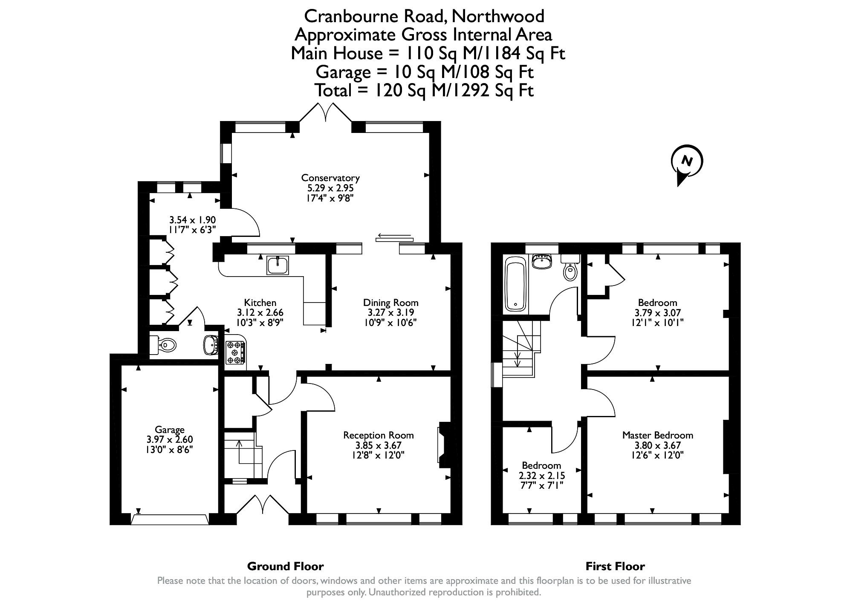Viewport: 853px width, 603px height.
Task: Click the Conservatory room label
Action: pyautogui.click(x=330, y=178)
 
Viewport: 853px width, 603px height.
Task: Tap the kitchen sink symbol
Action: pyautogui.click(x=278, y=265)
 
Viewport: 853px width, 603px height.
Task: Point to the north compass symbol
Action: pyautogui.click(x=686, y=162)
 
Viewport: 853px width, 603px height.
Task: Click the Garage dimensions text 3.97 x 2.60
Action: pyautogui.click(x=170, y=439)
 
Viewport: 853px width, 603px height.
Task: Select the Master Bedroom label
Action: pyautogui.click(x=657, y=435)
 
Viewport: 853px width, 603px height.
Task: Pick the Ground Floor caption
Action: pyautogui.click(x=285, y=566)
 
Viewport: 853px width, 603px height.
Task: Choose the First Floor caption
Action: pyautogui.click(x=615, y=566)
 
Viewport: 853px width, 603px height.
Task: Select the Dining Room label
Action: pyautogui.click(x=390, y=303)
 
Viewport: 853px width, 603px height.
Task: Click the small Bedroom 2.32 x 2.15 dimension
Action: pyautogui.click(x=541, y=475)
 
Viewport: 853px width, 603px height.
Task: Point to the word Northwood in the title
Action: pyautogui.click(x=497, y=16)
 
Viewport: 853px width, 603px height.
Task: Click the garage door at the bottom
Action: pyautogui.click(x=170, y=519)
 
